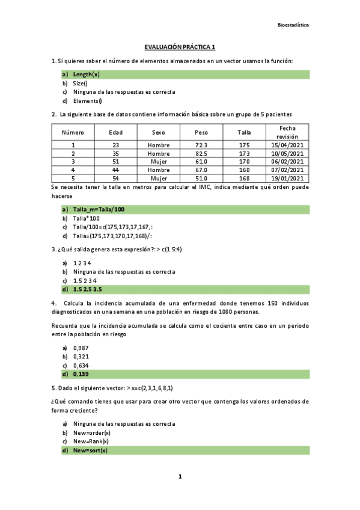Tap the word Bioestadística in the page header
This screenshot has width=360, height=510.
(x=293, y=25)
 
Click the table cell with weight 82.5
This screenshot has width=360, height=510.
(x=201, y=153)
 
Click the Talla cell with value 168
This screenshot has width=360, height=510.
(x=244, y=178)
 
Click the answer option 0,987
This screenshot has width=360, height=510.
(x=81, y=348)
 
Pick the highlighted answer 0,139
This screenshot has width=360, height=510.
(x=81, y=374)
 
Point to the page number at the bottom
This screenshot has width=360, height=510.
(x=180, y=476)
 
